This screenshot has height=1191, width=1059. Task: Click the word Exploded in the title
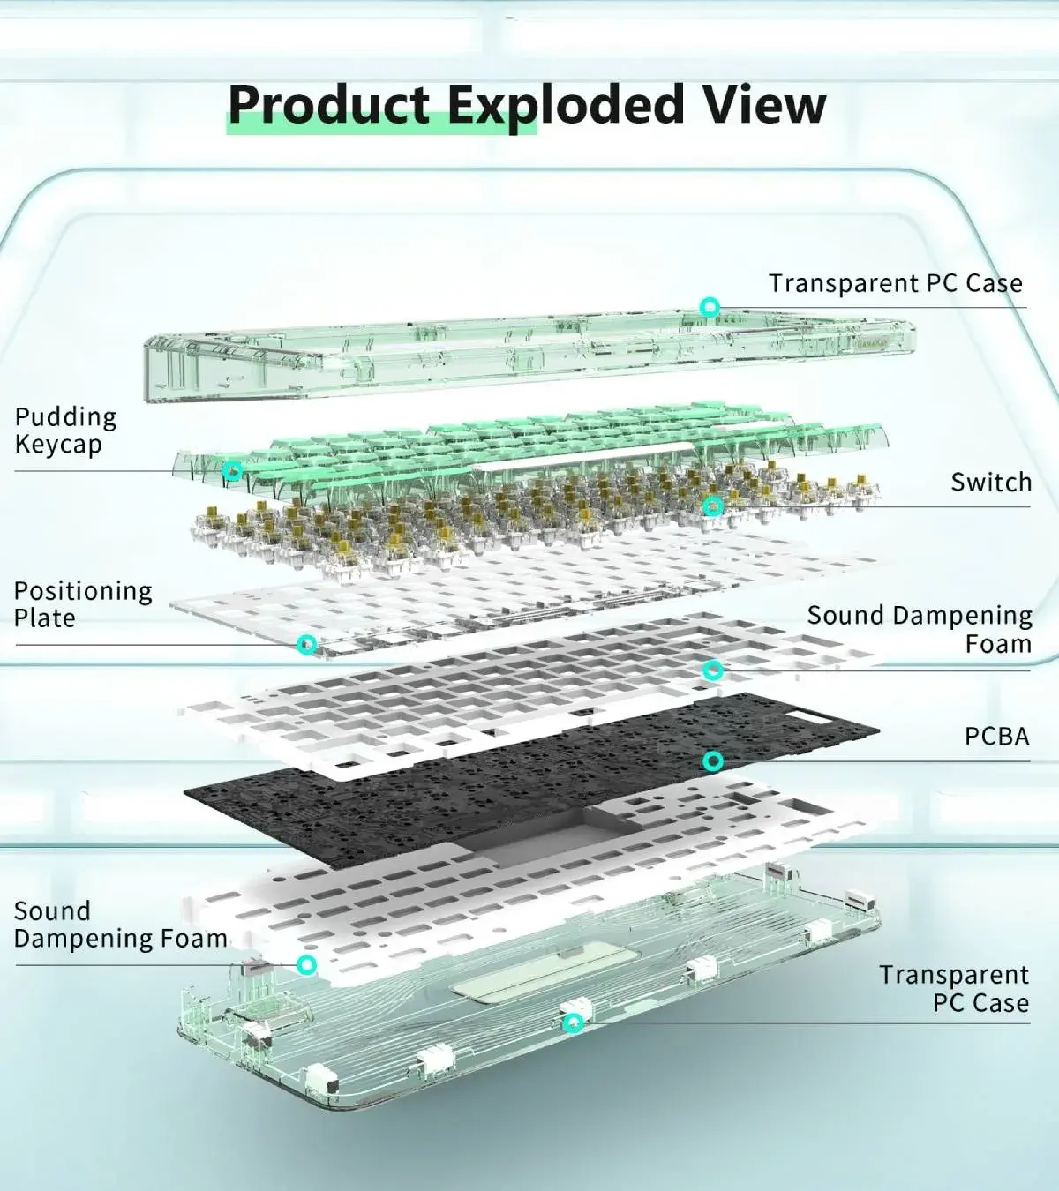(x=566, y=105)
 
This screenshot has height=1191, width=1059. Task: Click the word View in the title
(x=764, y=105)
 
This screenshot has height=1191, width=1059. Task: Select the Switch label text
(x=990, y=482)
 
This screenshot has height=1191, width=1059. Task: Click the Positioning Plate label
(x=82, y=604)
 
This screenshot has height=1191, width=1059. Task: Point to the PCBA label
(x=996, y=736)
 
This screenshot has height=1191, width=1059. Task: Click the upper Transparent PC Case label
(x=895, y=283)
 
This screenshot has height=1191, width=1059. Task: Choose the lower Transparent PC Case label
(x=954, y=988)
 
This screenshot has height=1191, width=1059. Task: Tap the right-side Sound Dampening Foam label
(x=920, y=629)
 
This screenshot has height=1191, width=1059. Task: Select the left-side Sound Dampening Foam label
(x=120, y=925)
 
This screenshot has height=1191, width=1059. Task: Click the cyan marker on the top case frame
(x=710, y=307)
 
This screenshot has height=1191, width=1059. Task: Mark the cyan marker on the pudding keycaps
(x=232, y=470)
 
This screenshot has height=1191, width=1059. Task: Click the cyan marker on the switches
(x=713, y=506)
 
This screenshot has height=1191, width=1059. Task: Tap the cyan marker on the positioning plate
(x=306, y=644)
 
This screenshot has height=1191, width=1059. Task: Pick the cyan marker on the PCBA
(x=713, y=760)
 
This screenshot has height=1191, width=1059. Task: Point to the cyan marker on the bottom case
(x=573, y=1023)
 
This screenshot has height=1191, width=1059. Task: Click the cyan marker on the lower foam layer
(x=306, y=964)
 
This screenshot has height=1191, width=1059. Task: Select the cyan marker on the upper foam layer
(x=713, y=670)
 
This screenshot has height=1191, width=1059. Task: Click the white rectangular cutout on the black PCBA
(x=809, y=717)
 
